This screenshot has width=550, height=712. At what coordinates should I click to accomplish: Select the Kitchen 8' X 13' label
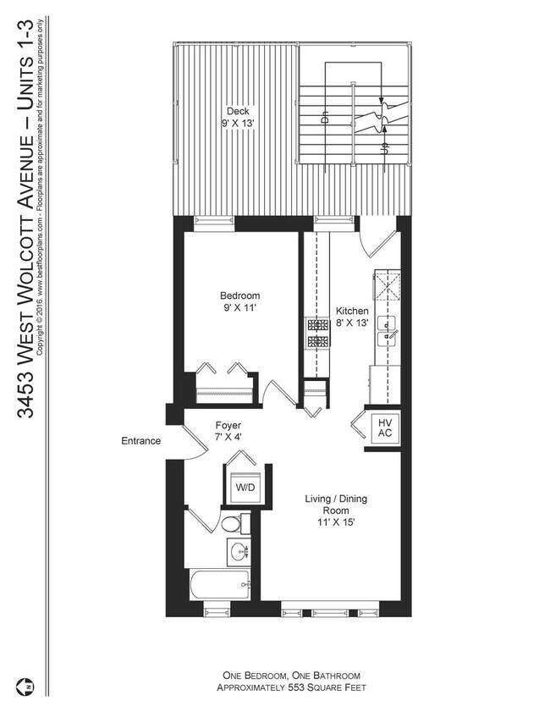click(x=352, y=317)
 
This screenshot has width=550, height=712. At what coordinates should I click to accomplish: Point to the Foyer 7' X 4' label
click(x=227, y=431)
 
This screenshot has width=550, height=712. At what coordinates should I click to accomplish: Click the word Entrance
click(x=140, y=440)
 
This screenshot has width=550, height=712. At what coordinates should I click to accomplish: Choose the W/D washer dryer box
click(x=244, y=488)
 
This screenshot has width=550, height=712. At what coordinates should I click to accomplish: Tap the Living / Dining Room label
click(x=336, y=511)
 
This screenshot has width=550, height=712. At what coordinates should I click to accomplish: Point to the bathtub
click(x=218, y=583)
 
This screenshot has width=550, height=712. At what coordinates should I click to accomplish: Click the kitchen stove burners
click(x=317, y=333)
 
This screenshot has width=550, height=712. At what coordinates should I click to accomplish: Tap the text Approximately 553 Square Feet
click(x=290, y=688)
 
